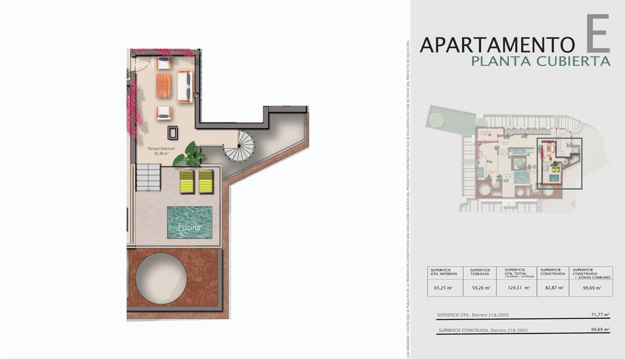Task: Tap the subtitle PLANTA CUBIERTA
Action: [541, 61]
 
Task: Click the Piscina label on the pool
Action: [189, 227]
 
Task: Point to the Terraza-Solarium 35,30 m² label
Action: [161, 151]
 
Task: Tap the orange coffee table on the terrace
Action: [164, 85]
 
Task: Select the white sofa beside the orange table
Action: [185, 86]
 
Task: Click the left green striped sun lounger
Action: [187, 181]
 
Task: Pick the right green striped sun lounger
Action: [205, 181]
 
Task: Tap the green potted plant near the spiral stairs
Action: [189, 155]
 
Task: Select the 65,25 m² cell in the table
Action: [443, 288]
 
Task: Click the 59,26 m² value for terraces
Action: [480, 288]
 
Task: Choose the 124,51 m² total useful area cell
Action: [517, 288]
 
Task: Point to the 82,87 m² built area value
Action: [553, 288]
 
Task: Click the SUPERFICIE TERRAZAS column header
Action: [480, 272]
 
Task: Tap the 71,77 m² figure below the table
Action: [600, 314]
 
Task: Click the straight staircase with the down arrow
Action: [148, 177]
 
